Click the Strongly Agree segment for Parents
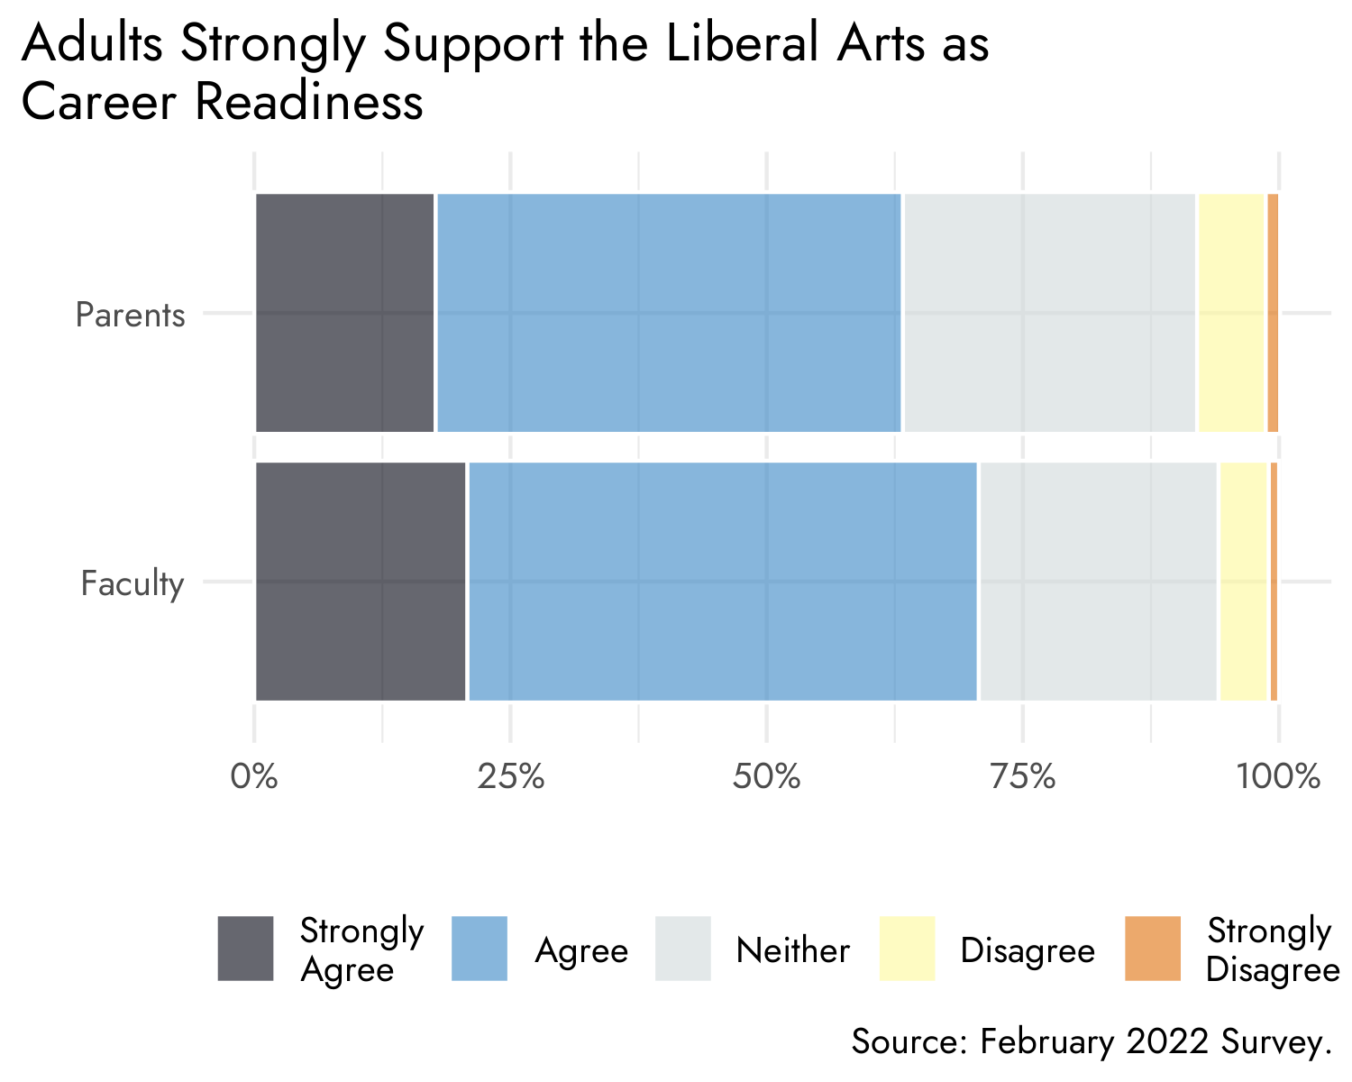(x=345, y=313)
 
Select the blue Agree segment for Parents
(x=669, y=313)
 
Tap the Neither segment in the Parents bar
(x=1049, y=313)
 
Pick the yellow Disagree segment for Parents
(x=1231, y=313)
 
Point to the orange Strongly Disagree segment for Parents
(x=1273, y=313)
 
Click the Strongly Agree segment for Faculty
(x=361, y=582)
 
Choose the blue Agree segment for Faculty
(x=723, y=582)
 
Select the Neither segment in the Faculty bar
(x=1098, y=582)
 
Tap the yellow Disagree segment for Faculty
(x=1244, y=582)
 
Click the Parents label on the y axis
(x=131, y=316)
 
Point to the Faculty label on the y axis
(x=132, y=584)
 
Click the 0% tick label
(x=254, y=776)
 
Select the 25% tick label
(x=510, y=776)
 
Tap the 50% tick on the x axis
(x=766, y=776)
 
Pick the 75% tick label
(x=1022, y=776)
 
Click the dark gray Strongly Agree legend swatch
(x=245, y=948)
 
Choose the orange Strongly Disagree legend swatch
(x=1152, y=948)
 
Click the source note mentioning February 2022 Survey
(x=1092, y=1041)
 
